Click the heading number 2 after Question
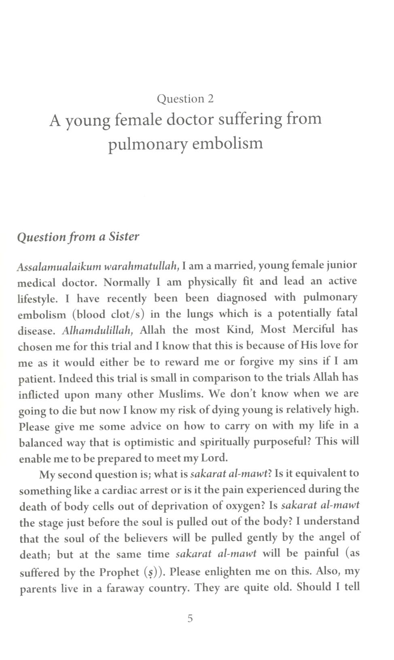click(210, 99)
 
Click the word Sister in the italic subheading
click(124, 236)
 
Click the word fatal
click(347, 313)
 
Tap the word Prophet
click(119, 572)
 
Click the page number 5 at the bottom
click(190, 618)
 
